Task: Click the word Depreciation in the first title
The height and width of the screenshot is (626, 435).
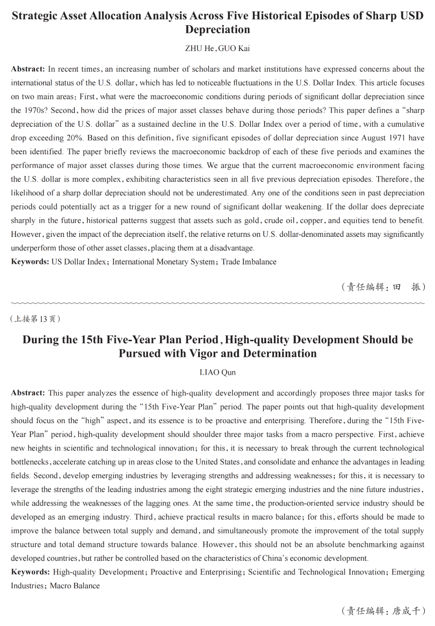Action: point(217,29)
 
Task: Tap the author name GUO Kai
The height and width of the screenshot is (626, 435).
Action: point(234,48)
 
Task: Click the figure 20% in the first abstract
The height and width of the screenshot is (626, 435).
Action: point(75,138)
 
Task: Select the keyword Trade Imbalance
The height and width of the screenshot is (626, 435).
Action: point(249,262)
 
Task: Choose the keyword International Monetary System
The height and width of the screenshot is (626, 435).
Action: point(163,262)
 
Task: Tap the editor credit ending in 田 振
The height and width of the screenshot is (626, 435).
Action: point(383,287)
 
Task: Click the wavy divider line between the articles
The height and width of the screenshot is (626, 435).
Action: point(217,303)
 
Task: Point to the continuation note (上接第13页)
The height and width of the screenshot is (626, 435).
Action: point(35,319)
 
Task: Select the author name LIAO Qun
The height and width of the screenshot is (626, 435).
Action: point(217,372)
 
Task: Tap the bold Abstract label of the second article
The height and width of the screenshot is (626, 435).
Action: point(28,393)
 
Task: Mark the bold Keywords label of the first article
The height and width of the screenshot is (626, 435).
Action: point(30,262)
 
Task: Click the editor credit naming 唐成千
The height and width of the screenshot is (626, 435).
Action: point(383,611)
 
